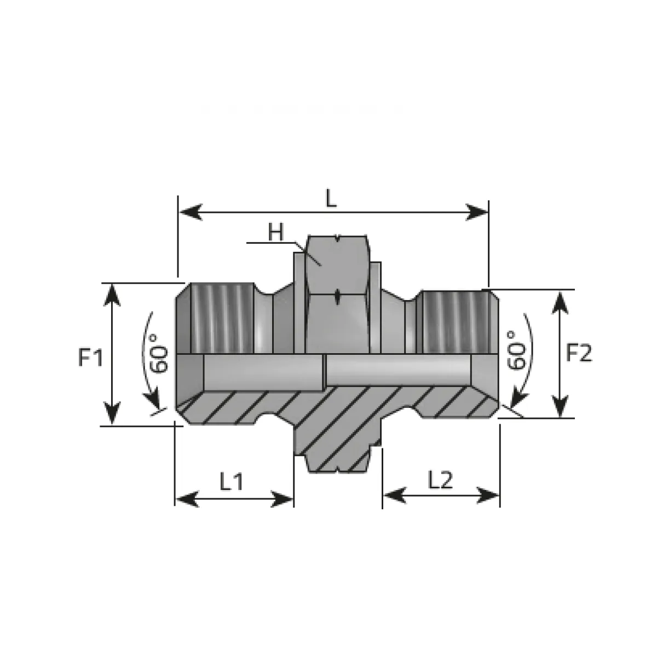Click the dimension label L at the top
331,198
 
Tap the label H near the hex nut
275,232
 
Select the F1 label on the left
90,358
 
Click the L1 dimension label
232,481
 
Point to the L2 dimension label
440,480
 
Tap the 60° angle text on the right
516,350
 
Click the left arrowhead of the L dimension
191,212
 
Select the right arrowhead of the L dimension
477,212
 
